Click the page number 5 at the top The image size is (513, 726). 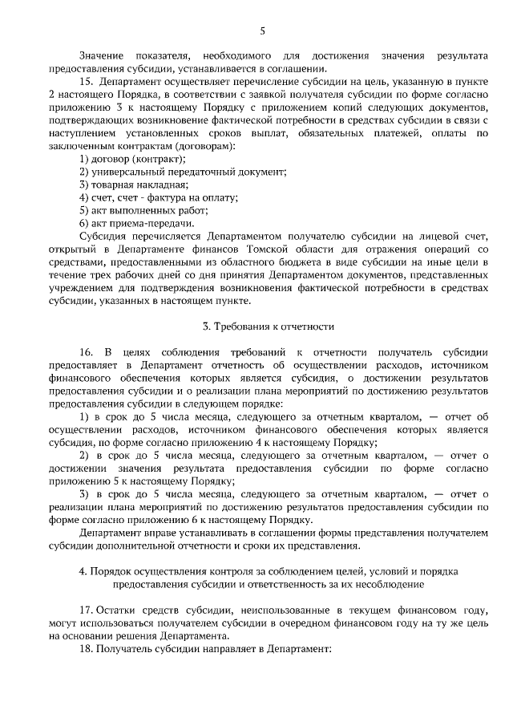point(262,31)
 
